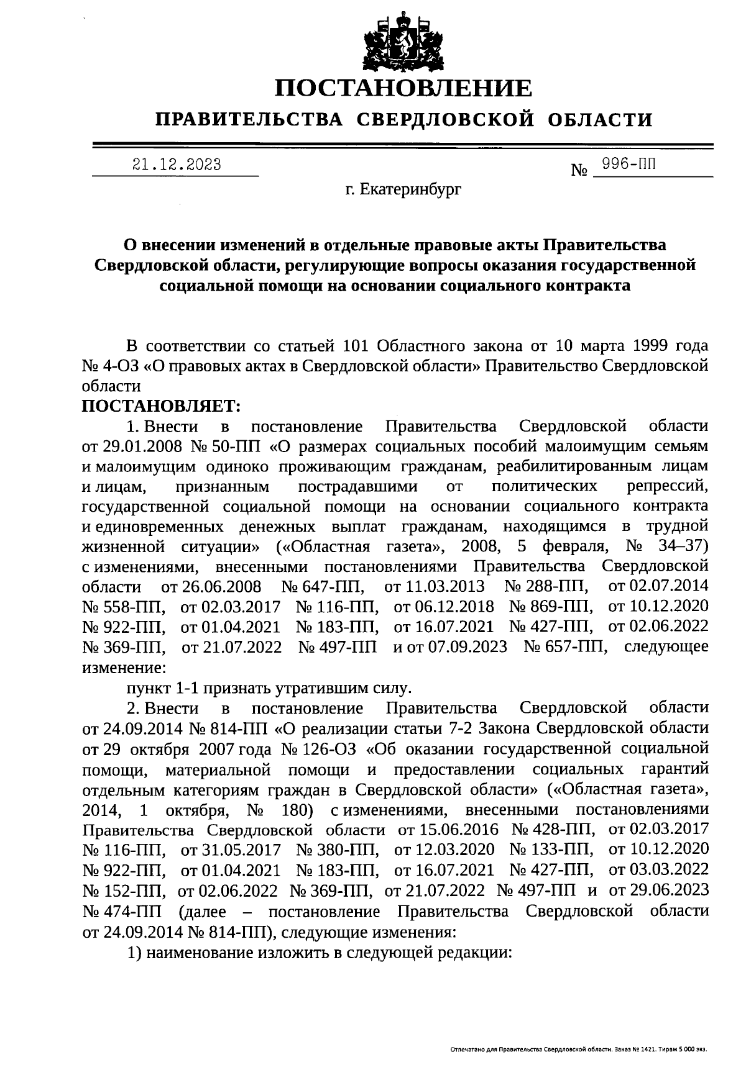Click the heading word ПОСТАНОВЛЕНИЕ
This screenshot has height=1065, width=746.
[x=404, y=88]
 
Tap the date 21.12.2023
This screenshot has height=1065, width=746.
[x=177, y=165]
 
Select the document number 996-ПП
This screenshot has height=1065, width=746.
[x=626, y=165]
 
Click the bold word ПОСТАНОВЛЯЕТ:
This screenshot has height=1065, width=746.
[x=161, y=406]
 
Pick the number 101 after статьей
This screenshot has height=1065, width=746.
[x=356, y=345]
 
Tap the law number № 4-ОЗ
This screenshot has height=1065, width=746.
[x=111, y=366]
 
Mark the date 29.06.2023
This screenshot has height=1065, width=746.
[x=659, y=891]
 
